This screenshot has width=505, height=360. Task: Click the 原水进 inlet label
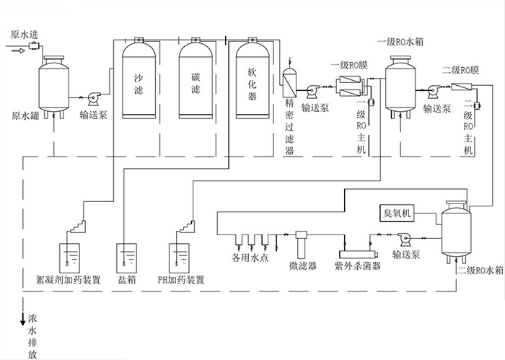pos(25,35)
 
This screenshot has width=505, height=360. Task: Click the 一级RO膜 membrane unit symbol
pos(351,87)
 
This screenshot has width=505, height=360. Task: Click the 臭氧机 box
pos(399,214)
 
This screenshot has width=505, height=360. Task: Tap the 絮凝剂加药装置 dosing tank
pos(69,258)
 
